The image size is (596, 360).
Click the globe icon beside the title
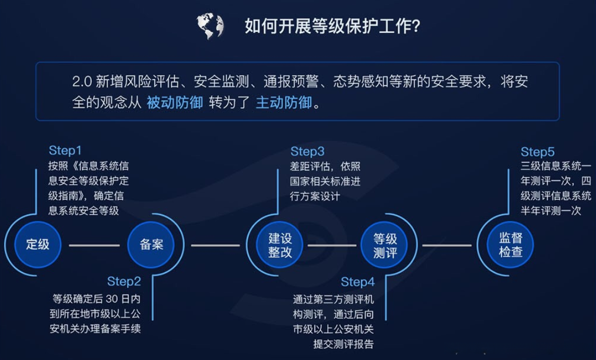[209, 26]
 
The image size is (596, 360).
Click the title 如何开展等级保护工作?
[332, 26]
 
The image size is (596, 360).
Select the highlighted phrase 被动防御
[174, 102]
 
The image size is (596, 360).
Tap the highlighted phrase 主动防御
[284, 102]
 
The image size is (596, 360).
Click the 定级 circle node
[38, 244]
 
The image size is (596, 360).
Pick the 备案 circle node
[151, 245]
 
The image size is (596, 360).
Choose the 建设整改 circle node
[280, 244]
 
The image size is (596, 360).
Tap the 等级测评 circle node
[385, 245]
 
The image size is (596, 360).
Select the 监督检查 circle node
[511, 244]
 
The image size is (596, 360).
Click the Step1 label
[65, 151]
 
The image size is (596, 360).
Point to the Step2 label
[124, 281]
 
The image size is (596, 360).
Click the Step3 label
[307, 152]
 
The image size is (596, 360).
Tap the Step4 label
[357, 282]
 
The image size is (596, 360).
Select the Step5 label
[537, 152]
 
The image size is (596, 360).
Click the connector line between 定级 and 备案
[94, 245]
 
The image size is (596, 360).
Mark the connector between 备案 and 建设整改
[215, 245]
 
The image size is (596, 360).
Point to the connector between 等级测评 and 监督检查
[446, 245]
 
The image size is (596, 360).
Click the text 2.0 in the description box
[82, 82]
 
